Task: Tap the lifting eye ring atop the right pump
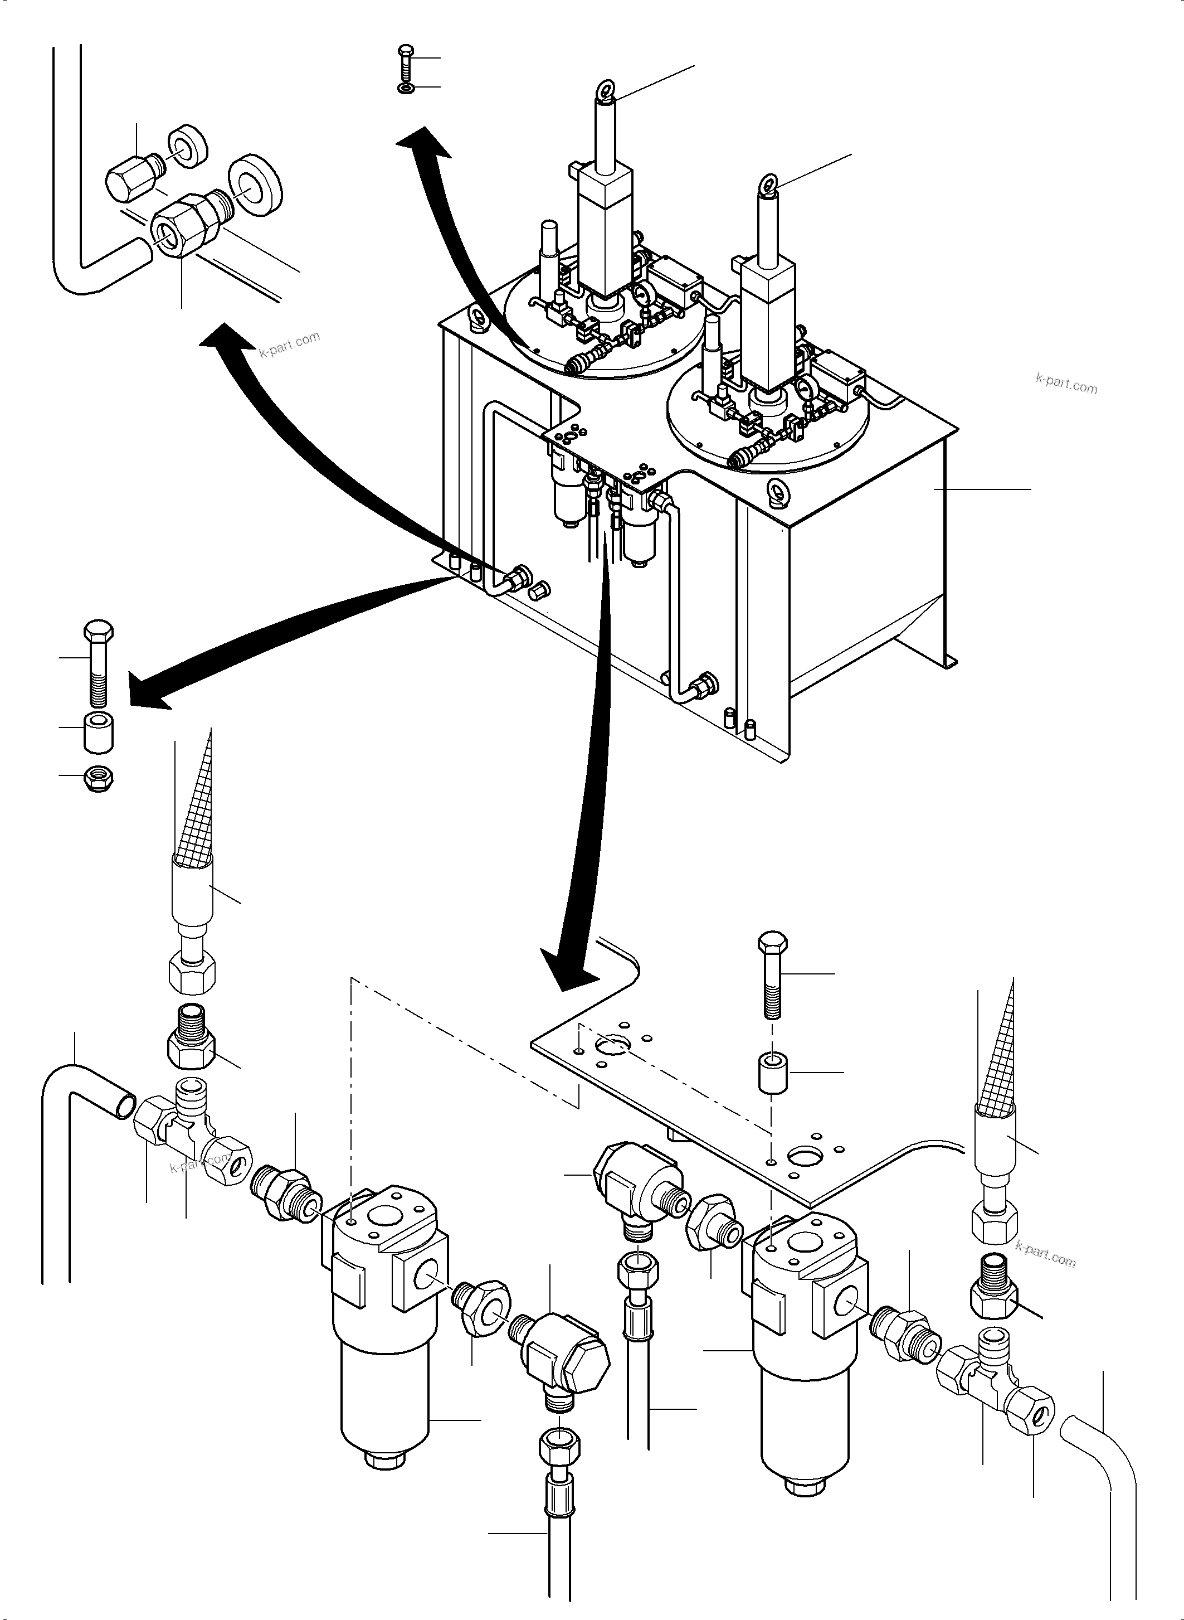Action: click(771, 183)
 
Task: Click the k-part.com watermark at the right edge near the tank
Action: click(1066, 385)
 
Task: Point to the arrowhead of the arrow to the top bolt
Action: click(423, 140)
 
